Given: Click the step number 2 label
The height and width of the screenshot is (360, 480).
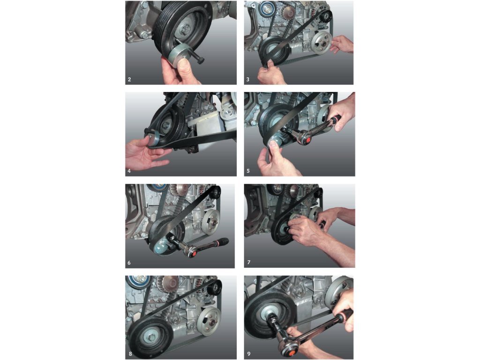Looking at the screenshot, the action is (129, 79).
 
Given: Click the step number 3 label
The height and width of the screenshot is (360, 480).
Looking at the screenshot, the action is (248, 79).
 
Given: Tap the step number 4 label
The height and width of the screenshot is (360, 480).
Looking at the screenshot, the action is (129, 171).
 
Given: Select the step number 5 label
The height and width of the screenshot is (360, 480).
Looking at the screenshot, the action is (248, 171).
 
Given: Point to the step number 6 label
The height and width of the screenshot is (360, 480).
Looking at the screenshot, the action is (129, 262).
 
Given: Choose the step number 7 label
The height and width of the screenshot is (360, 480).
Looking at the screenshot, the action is (248, 262).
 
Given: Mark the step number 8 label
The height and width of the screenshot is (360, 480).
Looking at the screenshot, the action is (130, 354).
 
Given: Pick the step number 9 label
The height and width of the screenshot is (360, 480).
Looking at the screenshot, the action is (248, 354).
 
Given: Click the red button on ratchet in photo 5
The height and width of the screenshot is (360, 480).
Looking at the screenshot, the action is (307, 140).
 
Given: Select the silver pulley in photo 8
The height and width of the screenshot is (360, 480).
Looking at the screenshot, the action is (209, 320).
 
